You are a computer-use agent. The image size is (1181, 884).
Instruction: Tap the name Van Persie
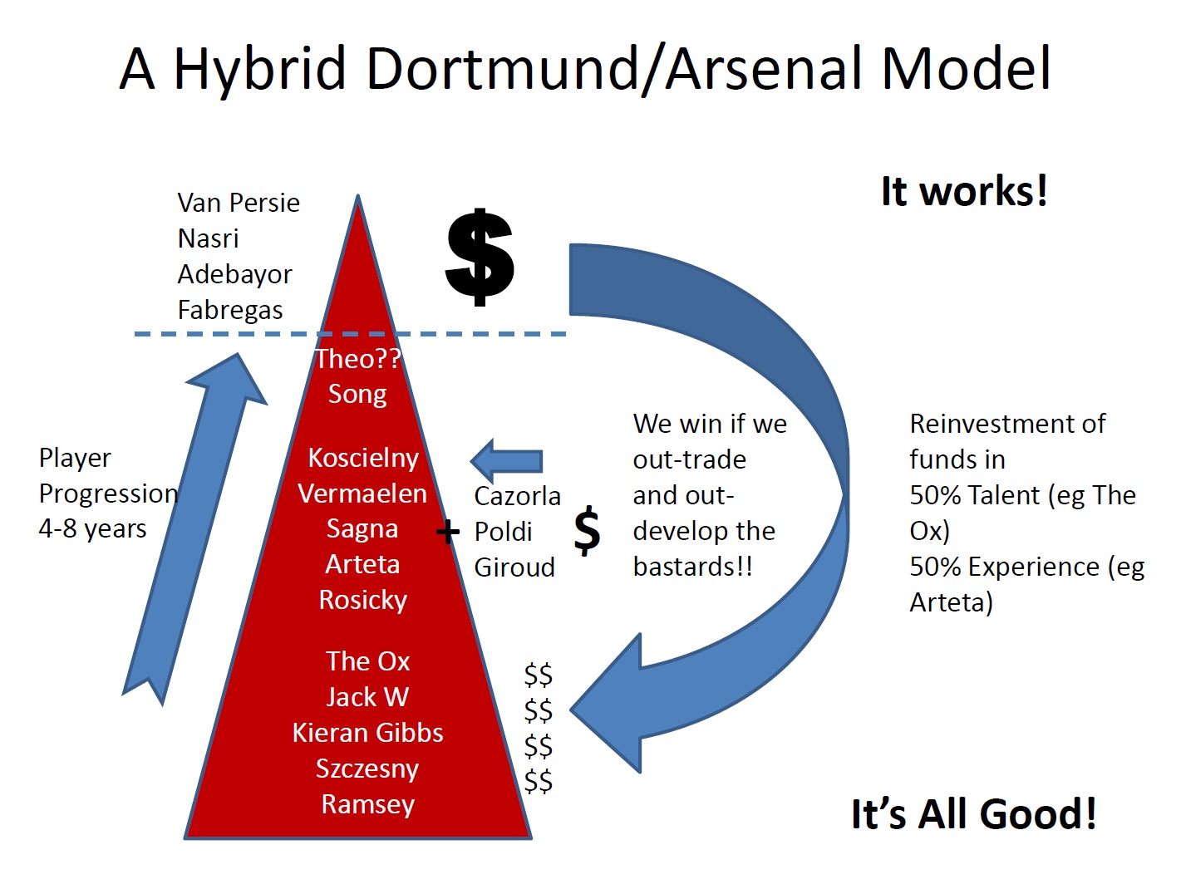pyautogui.click(x=239, y=204)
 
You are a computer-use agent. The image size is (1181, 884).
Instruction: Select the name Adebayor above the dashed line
pyautogui.click(x=234, y=275)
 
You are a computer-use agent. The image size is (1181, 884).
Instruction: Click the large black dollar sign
pyautogui.click(x=480, y=257)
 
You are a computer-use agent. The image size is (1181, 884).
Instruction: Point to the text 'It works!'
pyautogui.click(x=965, y=191)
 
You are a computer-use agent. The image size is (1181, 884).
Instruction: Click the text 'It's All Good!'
pyautogui.click(x=973, y=814)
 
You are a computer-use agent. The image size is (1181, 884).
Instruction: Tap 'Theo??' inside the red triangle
pyautogui.click(x=358, y=359)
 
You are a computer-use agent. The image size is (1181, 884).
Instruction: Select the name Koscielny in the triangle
pyautogui.click(x=363, y=459)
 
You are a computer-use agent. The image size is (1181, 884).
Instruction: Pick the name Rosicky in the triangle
pyautogui.click(x=363, y=601)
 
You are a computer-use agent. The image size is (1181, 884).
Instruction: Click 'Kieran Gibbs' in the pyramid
pyautogui.click(x=367, y=733)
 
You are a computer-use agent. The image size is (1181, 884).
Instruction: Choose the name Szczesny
pyautogui.click(x=367, y=769)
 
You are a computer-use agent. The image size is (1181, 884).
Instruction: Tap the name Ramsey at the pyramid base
pyautogui.click(x=368, y=805)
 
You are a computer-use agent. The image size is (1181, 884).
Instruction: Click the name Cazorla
pyautogui.click(x=517, y=496)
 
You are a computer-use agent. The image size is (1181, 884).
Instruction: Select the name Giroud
pyautogui.click(x=514, y=567)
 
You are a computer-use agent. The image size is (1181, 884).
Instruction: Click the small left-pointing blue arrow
pyautogui.click(x=506, y=461)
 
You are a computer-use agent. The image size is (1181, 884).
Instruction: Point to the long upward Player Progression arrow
pyautogui.click(x=194, y=529)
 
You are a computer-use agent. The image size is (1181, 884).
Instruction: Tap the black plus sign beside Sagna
pyautogui.click(x=448, y=533)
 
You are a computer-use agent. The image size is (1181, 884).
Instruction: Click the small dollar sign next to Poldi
pyautogui.click(x=587, y=530)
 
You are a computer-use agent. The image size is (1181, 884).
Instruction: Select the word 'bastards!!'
pyautogui.click(x=693, y=567)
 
